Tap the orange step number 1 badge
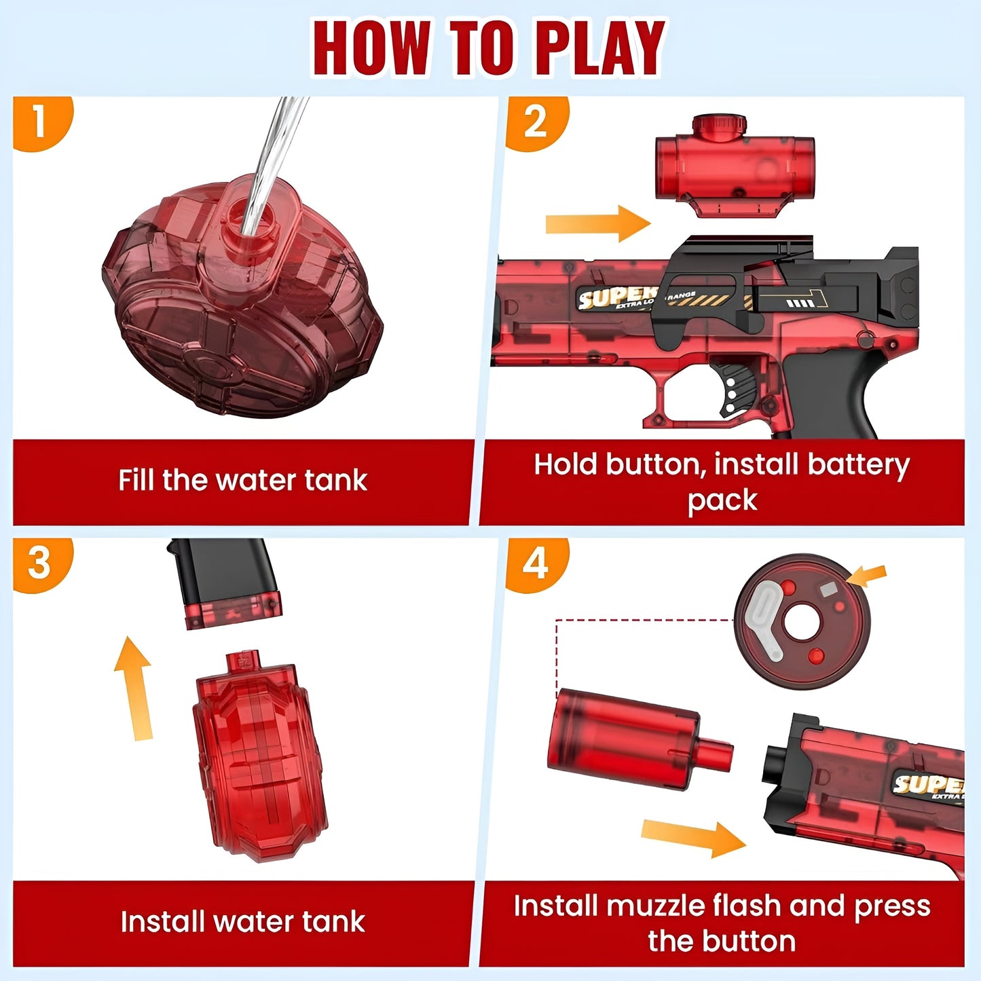click(39, 123)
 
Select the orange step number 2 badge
click(535, 123)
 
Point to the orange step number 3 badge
click(39, 563)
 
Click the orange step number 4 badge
click(535, 563)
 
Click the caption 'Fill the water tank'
click(242, 481)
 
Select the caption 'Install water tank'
click(242, 922)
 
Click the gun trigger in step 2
click(737, 387)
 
